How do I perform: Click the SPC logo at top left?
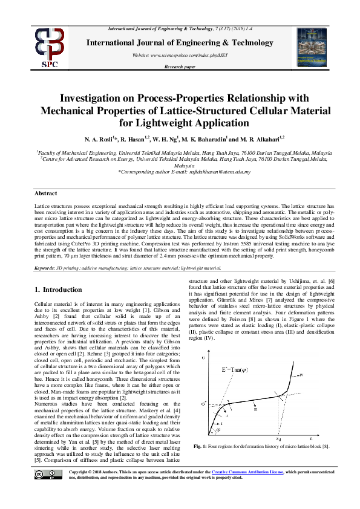pos(48,46)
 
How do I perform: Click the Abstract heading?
pos(46,193)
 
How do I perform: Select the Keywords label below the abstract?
pos(45,268)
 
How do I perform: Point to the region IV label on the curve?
pos(300,375)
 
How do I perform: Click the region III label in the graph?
pos(255,409)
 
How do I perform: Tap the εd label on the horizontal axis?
pos(278,439)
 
